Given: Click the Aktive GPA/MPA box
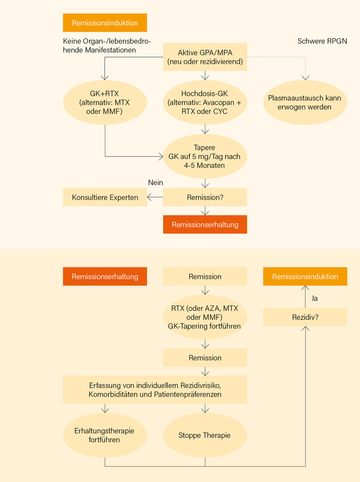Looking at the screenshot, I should pos(205,57).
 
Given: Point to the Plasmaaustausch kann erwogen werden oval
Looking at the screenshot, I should pos(305,103).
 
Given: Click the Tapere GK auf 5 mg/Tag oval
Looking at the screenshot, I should pos(205,157).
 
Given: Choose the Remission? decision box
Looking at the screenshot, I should pos(205,197).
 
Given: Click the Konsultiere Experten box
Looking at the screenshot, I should pos(105,197).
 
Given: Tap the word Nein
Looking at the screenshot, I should pos(155,182).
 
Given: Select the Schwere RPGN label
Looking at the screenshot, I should pos(322,41).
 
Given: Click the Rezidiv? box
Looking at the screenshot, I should pos(305,317).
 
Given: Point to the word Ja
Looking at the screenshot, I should pos(315,298).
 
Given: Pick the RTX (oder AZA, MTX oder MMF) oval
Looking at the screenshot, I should pos(205,317).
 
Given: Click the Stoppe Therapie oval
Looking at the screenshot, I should pos(205,436).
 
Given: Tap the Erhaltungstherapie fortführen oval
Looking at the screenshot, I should pos(105,436).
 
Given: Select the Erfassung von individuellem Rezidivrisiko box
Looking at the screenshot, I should pos(155,390).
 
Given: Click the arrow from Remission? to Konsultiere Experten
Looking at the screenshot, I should pos(155,197).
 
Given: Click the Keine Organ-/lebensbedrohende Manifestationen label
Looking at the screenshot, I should pos(107,45).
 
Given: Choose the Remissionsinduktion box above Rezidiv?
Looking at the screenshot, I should pos(305,277).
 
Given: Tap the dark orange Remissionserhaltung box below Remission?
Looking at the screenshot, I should pos(205,224).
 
